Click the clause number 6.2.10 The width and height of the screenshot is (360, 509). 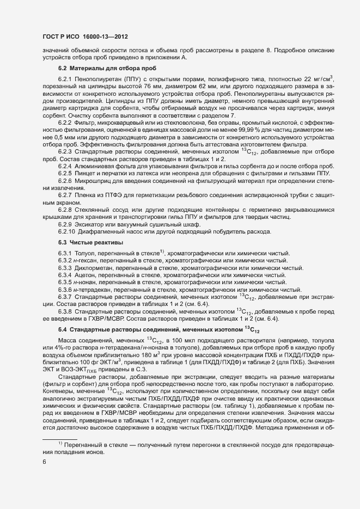[x=67, y=232]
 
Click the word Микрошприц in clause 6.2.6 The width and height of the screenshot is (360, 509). [x=95, y=180]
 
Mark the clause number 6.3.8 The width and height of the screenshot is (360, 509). [x=65, y=310]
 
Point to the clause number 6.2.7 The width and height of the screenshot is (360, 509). [x=65, y=194]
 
